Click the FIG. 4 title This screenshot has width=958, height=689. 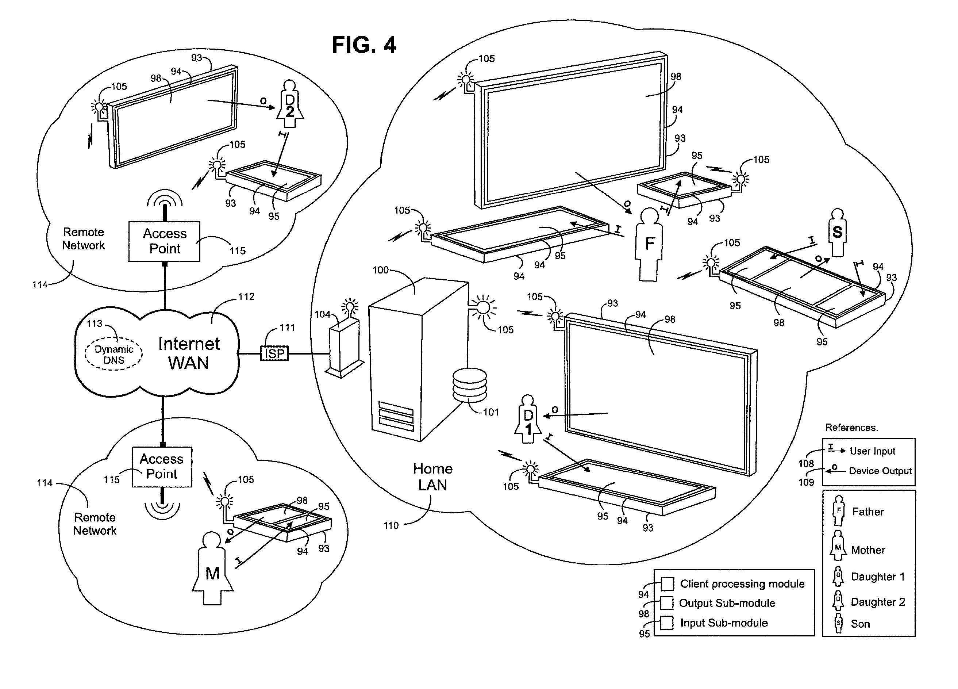[364, 45]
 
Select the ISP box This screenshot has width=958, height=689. [274, 353]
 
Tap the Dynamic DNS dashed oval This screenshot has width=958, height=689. [114, 354]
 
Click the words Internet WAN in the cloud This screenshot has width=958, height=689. [189, 353]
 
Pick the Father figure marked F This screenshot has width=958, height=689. [649, 245]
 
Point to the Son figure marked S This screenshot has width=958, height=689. [837, 232]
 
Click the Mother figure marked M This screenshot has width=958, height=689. [212, 568]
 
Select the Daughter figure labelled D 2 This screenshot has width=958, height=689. [290, 104]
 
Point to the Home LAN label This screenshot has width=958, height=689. [432, 477]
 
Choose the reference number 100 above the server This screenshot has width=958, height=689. [380, 270]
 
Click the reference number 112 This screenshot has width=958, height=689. [246, 297]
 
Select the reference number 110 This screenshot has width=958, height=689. [391, 525]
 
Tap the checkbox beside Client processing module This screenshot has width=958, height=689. [667, 584]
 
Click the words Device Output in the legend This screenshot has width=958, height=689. [880, 471]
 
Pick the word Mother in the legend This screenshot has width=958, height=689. [868, 550]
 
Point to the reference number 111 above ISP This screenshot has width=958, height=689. [287, 328]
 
